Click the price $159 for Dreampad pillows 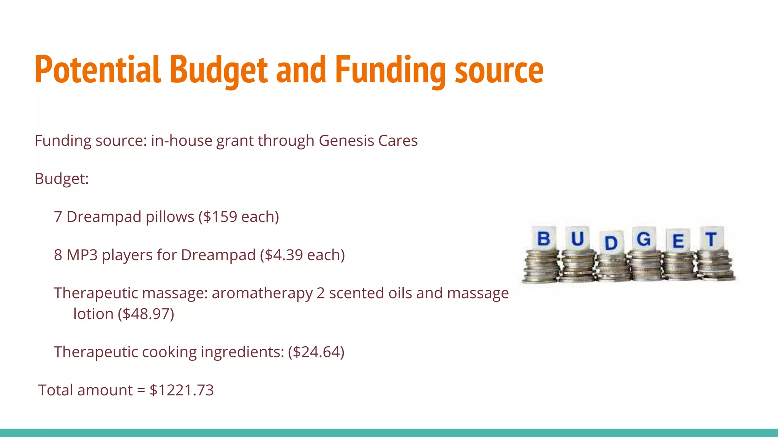tap(220, 217)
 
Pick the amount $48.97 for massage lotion tap(147, 314)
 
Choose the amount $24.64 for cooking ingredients tap(316, 352)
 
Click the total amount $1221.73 tap(182, 390)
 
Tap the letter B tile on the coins tap(544, 239)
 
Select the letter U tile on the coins tap(577, 239)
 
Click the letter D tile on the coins tap(611, 243)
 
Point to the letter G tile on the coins tap(644, 239)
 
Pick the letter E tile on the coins tap(678, 241)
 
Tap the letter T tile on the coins tap(711, 239)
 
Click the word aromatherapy tap(262, 293)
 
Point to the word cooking tap(169, 352)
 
